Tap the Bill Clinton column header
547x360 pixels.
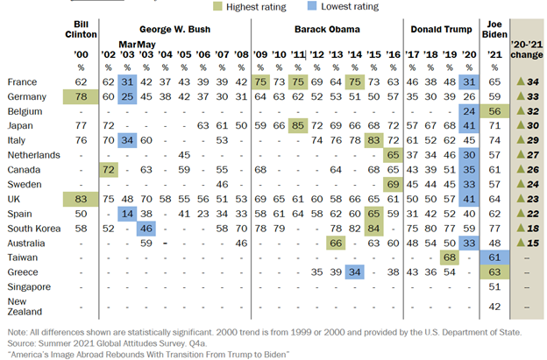(82, 27)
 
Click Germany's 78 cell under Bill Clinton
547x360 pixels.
(82, 95)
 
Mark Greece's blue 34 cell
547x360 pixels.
(354, 272)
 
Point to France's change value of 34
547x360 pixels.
(528, 81)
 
